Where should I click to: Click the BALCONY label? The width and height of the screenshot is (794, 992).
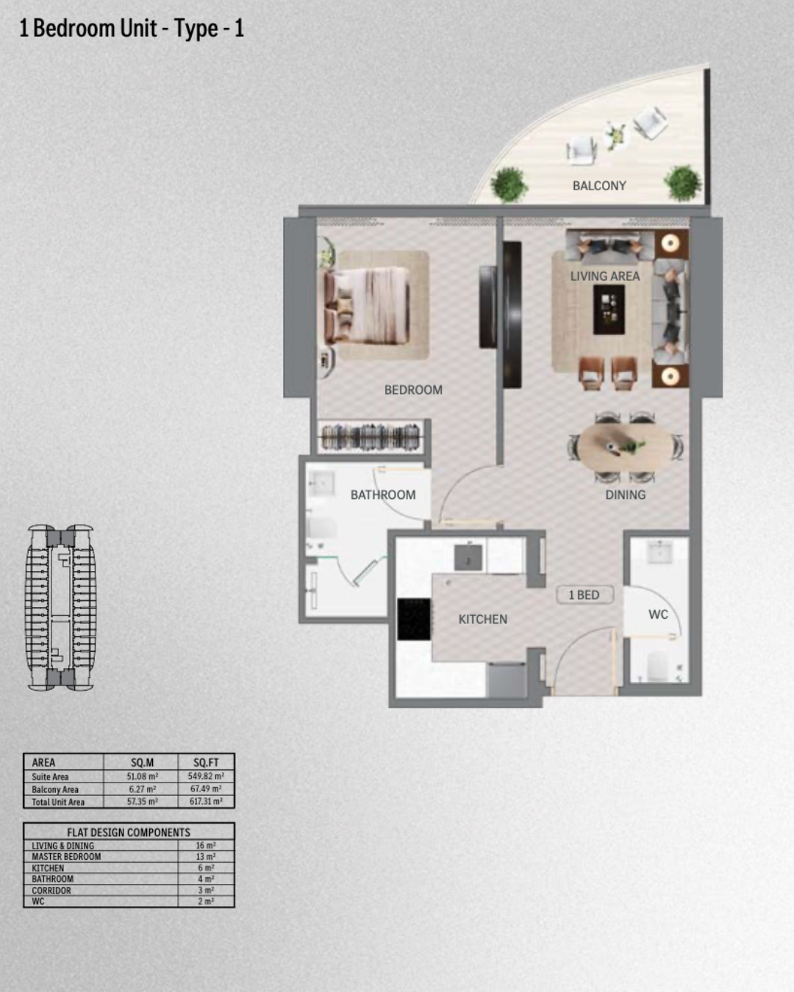(599, 186)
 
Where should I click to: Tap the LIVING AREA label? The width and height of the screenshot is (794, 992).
(605, 276)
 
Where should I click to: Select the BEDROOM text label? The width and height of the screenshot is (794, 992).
(413, 390)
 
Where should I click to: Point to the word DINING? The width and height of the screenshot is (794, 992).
(625, 495)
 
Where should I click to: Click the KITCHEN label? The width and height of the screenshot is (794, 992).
(482, 619)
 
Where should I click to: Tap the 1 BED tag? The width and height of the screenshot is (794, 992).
(584, 594)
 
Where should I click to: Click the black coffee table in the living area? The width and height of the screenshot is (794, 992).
(609, 309)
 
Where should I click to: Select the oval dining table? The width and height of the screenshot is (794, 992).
(625, 448)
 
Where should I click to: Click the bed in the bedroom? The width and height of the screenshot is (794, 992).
(367, 306)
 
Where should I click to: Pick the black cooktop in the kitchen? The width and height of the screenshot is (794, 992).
(414, 619)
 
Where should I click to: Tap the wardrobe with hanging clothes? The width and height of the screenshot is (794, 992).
(371, 437)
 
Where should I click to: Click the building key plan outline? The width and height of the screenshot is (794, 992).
(61, 607)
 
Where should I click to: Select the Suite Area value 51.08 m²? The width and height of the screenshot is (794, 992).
(142, 776)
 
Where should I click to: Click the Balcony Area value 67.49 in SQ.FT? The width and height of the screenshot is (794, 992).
(206, 788)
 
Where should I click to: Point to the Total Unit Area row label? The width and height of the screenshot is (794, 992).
(58, 802)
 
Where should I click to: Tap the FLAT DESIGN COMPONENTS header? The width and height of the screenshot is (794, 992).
(129, 832)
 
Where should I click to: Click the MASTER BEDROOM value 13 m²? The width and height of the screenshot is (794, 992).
(206, 857)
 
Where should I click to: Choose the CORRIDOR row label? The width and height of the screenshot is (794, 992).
(51, 890)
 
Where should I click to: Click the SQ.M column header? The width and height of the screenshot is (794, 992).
(142, 763)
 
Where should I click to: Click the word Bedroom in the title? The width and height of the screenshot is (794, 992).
(74, 28)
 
